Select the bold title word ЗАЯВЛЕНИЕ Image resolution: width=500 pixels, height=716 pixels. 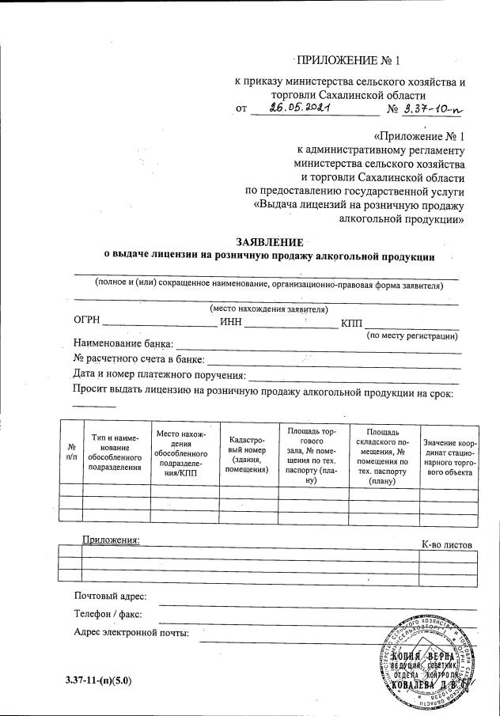point(270,241)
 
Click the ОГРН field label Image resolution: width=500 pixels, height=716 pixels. point(87,323)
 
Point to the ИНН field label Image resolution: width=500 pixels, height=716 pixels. point(231,323)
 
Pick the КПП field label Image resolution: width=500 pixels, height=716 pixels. point(351,323)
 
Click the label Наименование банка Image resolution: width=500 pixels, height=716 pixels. point(123,345)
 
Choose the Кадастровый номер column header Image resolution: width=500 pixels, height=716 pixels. point(248,453)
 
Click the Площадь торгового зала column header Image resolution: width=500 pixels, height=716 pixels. point(313,454)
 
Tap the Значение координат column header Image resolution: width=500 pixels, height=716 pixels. point(449,456)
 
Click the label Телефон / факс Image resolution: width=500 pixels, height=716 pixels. point(108,614)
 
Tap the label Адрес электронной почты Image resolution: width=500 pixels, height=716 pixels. point(131,632)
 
